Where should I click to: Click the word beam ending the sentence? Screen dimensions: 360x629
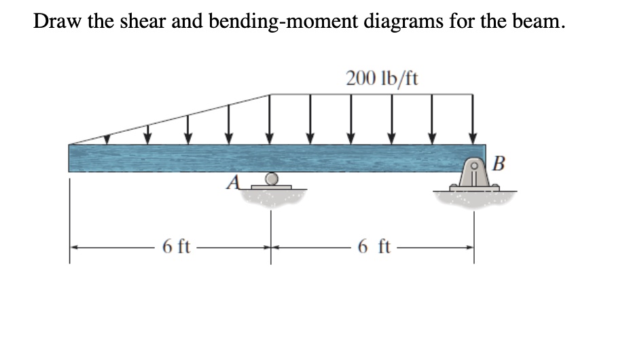pyautogui.click(x=537, y=20)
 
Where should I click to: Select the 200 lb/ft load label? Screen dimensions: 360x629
pyautogui.click(x=382, y=78)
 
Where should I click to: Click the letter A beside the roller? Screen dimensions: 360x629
pyautogui.click(x=233, y=182)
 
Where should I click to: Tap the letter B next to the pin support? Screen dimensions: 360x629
pyautogui.click(x=499, y=164)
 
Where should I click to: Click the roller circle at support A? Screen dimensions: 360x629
pyautogui.click(x=271, y=179)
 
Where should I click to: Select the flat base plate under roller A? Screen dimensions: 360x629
pyautogui.click(x=271, y=187)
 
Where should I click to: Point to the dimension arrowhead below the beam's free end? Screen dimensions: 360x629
pyautogui.click(x=76, y=249)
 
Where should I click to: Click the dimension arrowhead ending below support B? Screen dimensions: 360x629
pyautogui.click(x=467, y=249)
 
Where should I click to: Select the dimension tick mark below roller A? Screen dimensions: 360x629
pyautogui.click(x=271, y=249)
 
